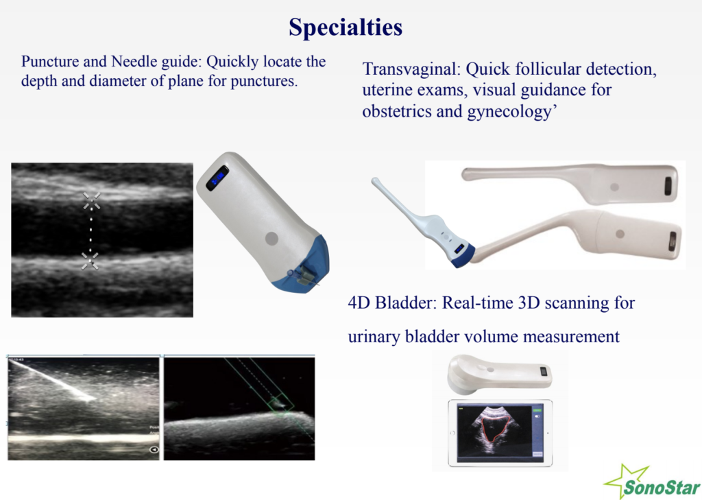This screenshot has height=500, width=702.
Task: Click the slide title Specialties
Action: pyautogui.click(x=345, y=27)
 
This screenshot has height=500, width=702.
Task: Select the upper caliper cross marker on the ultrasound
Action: pyautogui.click(x=91, y=200)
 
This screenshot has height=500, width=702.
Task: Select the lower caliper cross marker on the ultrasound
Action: pyautogui.click(x=90, y=259)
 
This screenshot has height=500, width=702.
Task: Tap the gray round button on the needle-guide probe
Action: pyautogui.click(x=271, y=239)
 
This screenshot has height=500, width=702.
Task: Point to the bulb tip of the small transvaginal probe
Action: pyautogui.click(x=376, y=182)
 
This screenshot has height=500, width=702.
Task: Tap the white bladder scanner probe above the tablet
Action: pyautogui.click(x=496, y=373)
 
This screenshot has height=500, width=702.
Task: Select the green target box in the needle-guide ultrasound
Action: pyautogui.click(x=279, y=404)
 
